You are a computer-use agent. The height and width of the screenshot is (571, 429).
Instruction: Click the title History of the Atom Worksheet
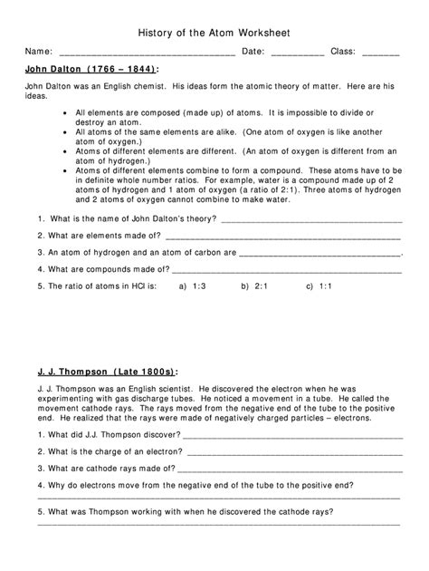[x=214, y=30]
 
